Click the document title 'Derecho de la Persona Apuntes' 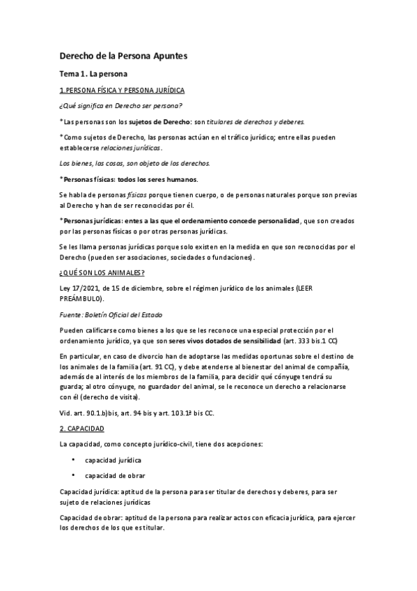click(123, 55)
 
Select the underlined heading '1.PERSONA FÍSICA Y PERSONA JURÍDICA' click(122, 91)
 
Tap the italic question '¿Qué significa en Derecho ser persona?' click(121, 105)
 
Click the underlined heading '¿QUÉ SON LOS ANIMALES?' click(102, 273)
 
